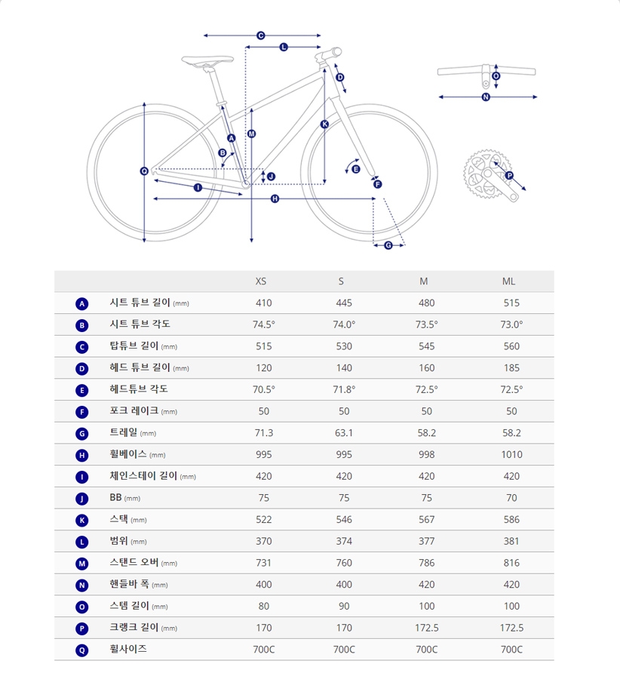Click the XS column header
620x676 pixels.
tap(261, 281)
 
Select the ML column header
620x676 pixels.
tap(509, 281)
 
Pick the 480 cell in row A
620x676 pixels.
tap(426, 303)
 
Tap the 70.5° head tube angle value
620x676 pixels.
tap(264, 390)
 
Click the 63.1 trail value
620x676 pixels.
tap(344, 433)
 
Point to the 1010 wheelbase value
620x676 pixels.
tap(512, 454)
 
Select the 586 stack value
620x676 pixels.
tap(512, 520)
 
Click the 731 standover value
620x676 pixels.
tap(263, 563)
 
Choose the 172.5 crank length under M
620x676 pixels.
tap(427, 628)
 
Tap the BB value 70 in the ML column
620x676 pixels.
tap(512, 498)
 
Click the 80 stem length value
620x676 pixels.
tap(264, 606)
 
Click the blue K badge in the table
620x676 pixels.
tap(82, 521)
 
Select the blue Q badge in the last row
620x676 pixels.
tap(82, 650)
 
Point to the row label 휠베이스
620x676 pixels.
tap(128, 454)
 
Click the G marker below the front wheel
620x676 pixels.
tap(388, 245)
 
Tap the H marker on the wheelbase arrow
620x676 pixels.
tap(275, 198)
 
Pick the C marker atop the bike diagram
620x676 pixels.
tap(261, 35)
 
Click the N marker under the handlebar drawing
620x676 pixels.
tap(486, 97)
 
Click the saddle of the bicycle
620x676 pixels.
tap(207, 60)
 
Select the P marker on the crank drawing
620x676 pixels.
tap(509, 176)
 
